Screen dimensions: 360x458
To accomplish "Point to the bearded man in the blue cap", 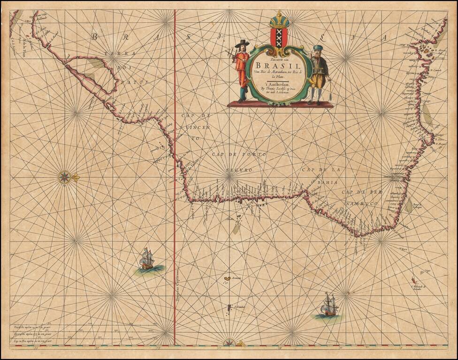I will click(x=320, y=73).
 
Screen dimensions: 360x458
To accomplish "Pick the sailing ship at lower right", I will click(x=329, y=305).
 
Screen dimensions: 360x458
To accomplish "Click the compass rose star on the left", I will click(x=64, y=177).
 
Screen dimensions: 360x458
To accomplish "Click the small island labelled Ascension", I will click(x=227, y=279).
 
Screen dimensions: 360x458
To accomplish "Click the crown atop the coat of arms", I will click(x=279, y=20).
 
